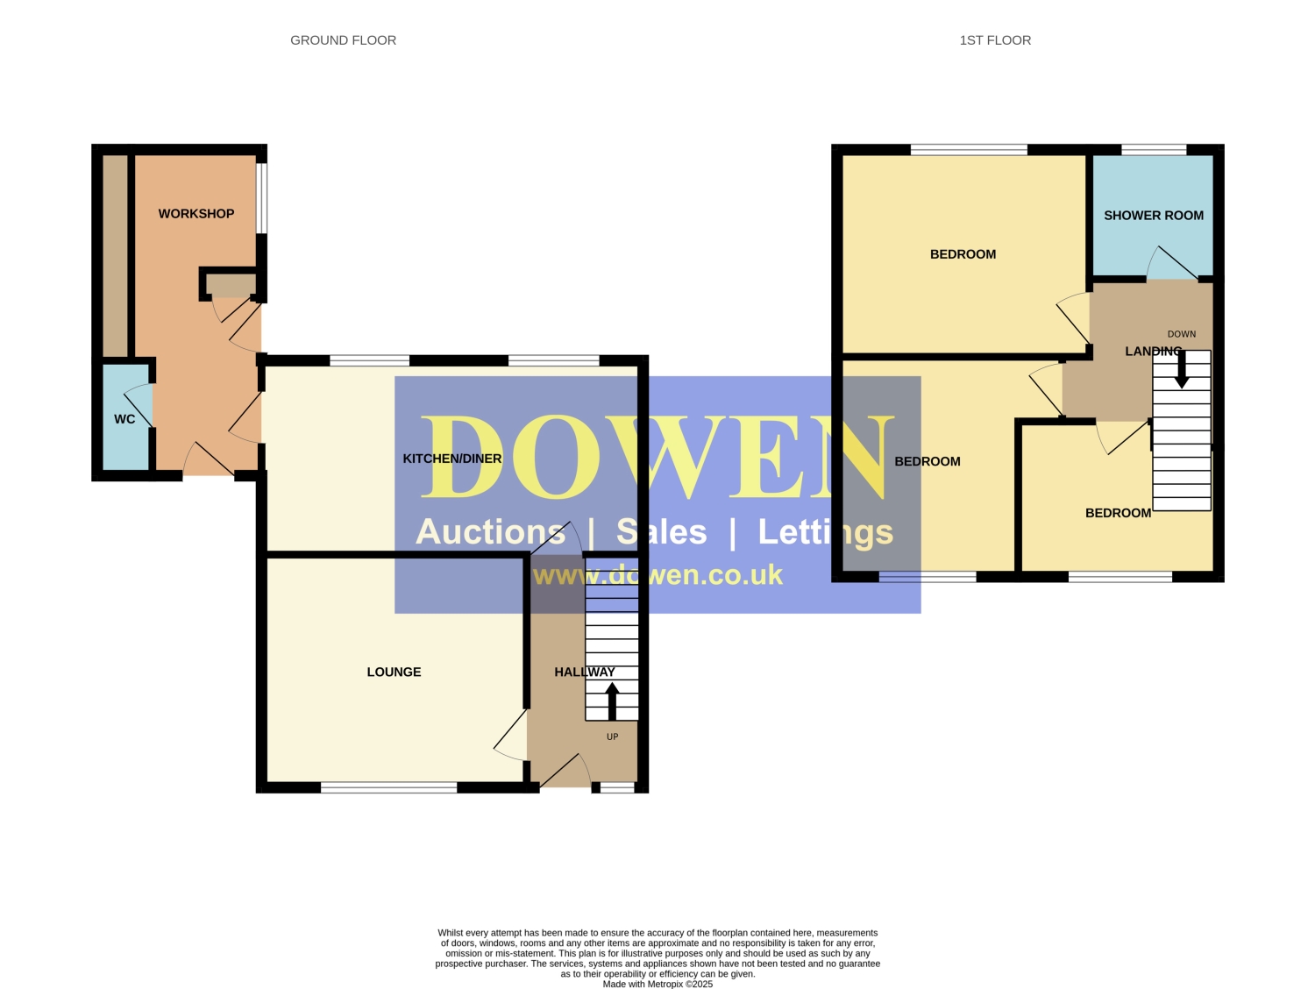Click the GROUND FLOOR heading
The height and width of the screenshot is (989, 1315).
coord(343,40)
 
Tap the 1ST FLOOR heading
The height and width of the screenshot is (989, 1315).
coord(994,40)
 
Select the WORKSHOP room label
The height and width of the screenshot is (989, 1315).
coord(195,214)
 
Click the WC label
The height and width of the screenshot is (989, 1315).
coord(124,419)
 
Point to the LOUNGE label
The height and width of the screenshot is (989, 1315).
coord(394,672)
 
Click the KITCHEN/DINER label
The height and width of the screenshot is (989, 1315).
coord(451,459)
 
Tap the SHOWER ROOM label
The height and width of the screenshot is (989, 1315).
coord(1153,216)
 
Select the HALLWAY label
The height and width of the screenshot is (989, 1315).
coord(584,672)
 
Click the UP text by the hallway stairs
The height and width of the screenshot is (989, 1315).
coord(612,736)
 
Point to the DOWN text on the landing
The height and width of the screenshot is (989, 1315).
coord(1182,334)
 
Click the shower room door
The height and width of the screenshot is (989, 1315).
coord(1172,263)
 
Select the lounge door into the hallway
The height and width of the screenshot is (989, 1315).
coord(510,736)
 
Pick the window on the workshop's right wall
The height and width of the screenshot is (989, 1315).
coord(262,197)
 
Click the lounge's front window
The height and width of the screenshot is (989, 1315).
coord(389,787)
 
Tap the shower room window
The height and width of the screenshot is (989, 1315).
coord(1154,150)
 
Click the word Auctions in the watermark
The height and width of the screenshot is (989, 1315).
coord(490,532)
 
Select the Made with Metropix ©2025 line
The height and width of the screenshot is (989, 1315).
coord(657,984)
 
